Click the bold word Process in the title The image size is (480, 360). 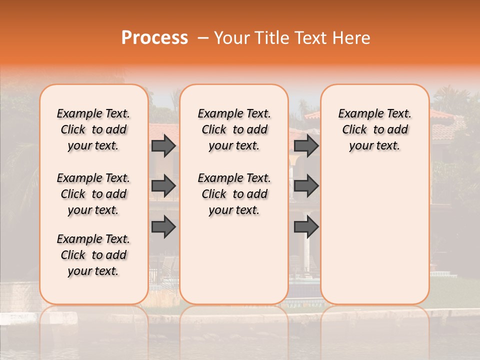(154, 38)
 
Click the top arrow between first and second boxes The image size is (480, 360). (163, 146)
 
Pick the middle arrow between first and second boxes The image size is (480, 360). (163, 186)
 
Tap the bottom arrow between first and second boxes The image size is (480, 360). (163, 227)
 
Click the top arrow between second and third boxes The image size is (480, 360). (306, 146)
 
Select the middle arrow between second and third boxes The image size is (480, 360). (306, 186)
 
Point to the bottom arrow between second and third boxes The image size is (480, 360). (306, 227)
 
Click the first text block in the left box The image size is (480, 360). (93, 130)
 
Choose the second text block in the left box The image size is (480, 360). (93, 194)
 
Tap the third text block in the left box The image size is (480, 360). (93, 255)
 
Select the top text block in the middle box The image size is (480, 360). (234, 130)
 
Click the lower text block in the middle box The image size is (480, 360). (234, 194)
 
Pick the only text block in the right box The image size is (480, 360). (374, 130)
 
